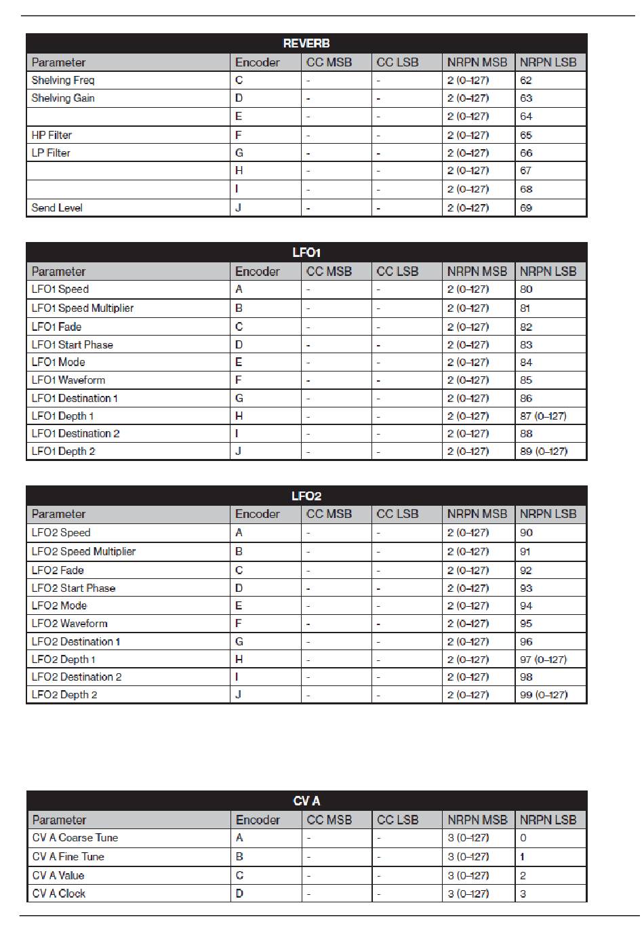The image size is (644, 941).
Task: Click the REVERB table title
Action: coord(306,43)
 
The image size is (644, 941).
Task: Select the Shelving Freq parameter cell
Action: coord(63,80)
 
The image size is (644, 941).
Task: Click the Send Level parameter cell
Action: coord(57,207)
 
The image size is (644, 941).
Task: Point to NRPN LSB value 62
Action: coord(526,80)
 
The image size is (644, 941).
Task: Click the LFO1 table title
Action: coord(306,252)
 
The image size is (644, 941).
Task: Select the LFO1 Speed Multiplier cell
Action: coord(83,308)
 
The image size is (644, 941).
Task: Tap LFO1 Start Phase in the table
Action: coord(73,344)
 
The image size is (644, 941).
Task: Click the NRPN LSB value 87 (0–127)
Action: coord(543,416)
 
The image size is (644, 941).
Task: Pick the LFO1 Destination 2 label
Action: coord(76,433)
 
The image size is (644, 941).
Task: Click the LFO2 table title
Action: coord(306,496)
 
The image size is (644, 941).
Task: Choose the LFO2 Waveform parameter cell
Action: coord(70,623)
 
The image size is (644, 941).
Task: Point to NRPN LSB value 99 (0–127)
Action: coord(544,694)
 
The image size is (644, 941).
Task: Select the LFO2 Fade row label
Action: coord(58,570)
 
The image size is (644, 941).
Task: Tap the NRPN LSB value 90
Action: coord(526,532)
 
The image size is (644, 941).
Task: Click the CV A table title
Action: coord(306,801)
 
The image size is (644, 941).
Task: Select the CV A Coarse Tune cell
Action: coord(75,837)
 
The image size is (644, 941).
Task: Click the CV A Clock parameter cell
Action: coord(59,893)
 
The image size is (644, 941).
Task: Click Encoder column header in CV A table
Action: coord(258,820)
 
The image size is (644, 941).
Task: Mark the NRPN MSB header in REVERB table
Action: coord(477,62)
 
